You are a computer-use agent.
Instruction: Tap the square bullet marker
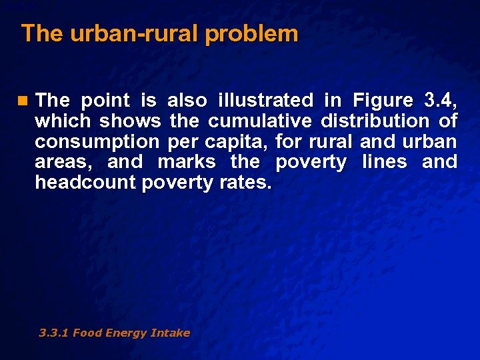[25, 101]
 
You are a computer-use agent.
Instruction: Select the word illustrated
[265, 101]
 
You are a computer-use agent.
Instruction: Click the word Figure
[383, 101]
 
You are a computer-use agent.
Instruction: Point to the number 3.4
[440, 101]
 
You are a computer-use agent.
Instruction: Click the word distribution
[375, 121]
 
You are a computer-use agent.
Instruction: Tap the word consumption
[97, 142]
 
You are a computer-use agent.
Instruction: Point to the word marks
[187, 162]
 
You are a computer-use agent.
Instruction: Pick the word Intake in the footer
[172, 333]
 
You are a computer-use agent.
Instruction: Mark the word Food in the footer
[87, 333]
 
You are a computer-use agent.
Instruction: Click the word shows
[130, 121]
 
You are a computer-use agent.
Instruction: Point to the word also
[186, 101]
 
